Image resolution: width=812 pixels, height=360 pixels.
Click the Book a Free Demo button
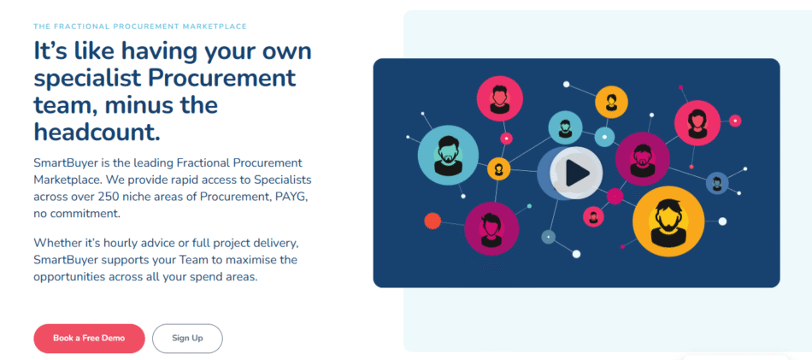[89, 339]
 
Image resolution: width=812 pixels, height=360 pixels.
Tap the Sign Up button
[187, 339]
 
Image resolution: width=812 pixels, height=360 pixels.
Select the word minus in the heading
[143, 106]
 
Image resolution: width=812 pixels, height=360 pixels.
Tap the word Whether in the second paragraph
[56, 242]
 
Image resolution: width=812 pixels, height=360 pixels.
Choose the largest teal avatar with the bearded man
[448, 150]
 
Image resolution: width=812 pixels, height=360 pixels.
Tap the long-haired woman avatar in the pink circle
[697, 123]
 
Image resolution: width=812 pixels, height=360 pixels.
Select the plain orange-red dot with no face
[432, 221]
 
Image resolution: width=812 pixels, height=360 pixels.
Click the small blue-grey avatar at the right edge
[717, 182]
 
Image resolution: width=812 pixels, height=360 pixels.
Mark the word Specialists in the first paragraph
[285, 180]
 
